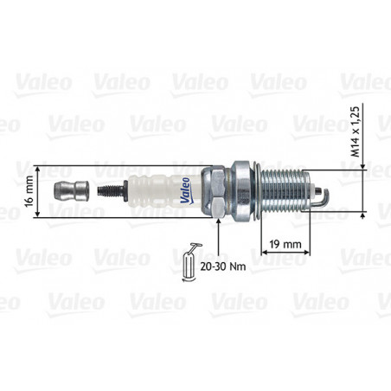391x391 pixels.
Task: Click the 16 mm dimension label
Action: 29,191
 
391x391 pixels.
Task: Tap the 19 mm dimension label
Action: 285,244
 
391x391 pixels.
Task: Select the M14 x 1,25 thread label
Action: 356,131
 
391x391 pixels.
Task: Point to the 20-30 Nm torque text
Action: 223,266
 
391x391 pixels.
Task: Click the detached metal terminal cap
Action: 71,191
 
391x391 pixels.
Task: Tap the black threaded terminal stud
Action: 112,190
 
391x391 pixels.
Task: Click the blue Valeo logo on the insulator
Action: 185,190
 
